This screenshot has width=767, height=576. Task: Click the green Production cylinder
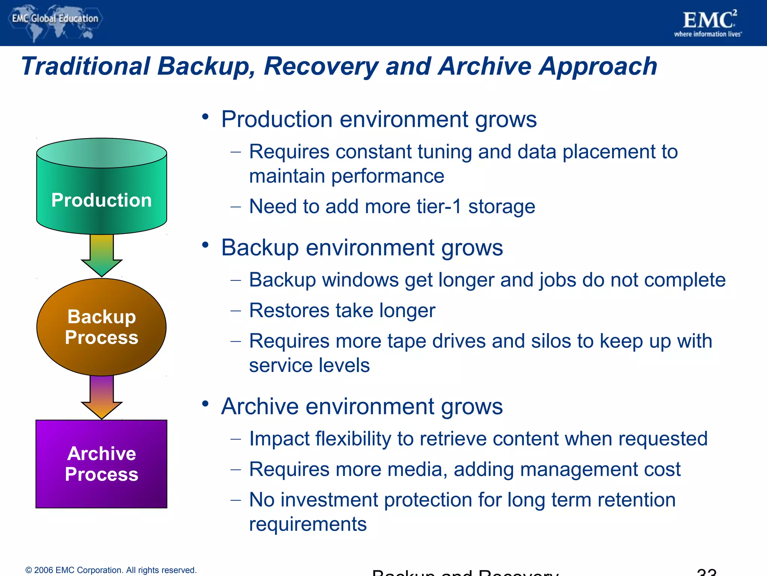[x=101, y=187]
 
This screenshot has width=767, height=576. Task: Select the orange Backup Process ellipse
[x=101, y=327]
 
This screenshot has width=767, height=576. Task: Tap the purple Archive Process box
[x=101, y=464]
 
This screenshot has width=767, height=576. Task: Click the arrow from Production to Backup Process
[x=101, y=255]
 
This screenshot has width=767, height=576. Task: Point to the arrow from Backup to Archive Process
[x=101, y=397]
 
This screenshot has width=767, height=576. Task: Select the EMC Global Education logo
[x=55, y=21]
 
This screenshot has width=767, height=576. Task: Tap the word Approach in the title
[x=598, y=67]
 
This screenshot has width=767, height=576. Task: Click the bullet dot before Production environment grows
[x=205, y=117]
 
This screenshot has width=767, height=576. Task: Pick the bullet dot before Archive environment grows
[x=205, y=404]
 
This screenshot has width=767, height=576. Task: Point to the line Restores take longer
[x=342, y=311]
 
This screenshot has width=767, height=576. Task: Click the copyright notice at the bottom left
[x=111, y=570]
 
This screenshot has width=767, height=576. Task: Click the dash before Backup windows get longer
[x=236, y=280]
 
